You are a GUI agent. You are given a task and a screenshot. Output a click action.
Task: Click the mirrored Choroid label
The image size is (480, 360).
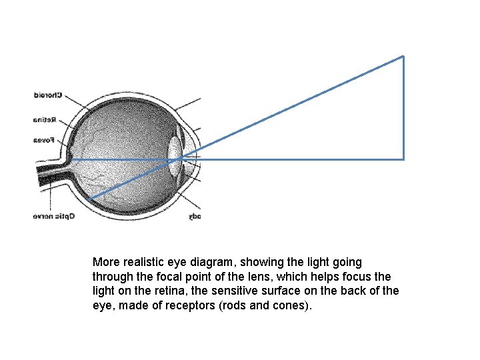pyautogui.click(x=48, y=95)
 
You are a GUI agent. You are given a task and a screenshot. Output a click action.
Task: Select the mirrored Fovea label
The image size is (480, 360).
pyautogui.click(x=45, y=140)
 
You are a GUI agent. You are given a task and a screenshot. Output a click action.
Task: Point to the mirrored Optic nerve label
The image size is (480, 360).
pyautogui.click(x=54, y=216)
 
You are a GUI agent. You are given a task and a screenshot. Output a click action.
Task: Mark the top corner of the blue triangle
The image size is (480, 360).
pyautogui.click(x=403, y=56)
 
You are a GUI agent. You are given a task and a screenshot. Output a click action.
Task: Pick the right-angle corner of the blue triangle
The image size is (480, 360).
pyautogui.click(x=403, y=159)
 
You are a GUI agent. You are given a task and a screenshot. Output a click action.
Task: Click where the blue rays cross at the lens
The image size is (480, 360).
pyautogui.click(x=179, y=159)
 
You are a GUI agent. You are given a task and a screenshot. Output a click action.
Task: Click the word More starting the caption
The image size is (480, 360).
pyautogui.click(x=105, y=262)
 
